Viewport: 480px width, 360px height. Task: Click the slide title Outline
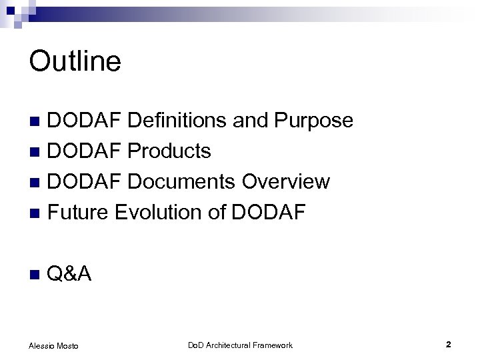(75, 61)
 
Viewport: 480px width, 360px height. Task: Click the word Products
(169, 151)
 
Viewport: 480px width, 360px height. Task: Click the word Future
(79, 212)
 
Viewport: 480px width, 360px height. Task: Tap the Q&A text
(71, 273)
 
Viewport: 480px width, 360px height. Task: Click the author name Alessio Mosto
(54, 345)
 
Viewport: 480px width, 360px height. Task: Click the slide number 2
(449, 345)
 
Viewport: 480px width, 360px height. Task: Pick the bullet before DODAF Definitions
(37, 121)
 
